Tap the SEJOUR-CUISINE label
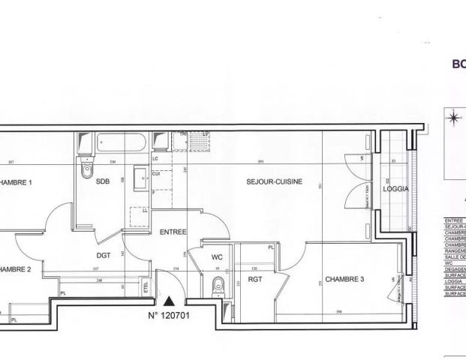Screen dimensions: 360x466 point(276,181)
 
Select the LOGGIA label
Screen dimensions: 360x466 point(395,189)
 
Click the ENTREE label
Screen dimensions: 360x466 point(173,232)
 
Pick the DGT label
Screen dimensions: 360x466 point(104,255)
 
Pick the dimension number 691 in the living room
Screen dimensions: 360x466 point(260,163)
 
